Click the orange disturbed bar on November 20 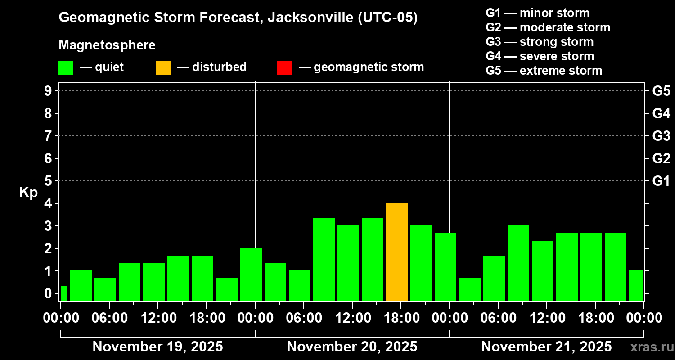click(397, 252)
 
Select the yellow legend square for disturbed click(163, 67)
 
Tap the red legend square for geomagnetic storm click(284, 67)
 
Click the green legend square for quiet click(66, 67)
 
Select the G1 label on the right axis click(661, 181)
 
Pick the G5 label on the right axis click(661, 91)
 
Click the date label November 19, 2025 click(157, 346)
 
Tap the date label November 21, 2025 click(546, 346)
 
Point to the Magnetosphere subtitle click(107, 45)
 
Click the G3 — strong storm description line click(540, 42)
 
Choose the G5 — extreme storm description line click(544, 71)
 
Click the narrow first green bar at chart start click(64, 293)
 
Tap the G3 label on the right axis click(661, 136)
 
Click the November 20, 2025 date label click(352, 346)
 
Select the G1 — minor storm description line click(537, 13)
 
